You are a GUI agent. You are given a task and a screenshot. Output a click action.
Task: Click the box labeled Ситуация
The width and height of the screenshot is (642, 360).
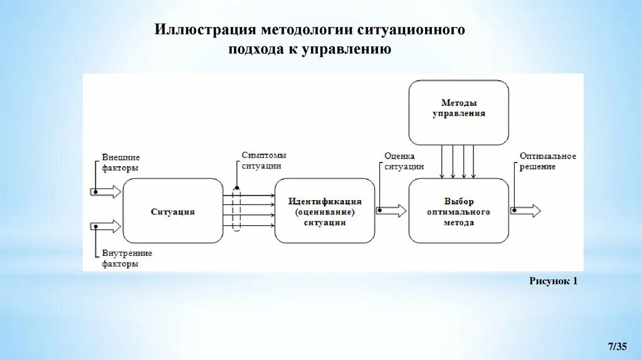pos(172,211)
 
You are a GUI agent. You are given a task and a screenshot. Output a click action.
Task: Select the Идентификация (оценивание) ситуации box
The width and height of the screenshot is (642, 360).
pos(325,211)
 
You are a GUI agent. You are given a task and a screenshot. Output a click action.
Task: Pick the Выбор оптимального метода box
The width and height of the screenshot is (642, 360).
pos(458,211)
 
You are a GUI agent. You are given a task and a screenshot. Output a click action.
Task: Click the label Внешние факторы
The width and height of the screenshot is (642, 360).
pos(120,162)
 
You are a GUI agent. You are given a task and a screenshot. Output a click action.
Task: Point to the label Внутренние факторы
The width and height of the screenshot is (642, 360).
pos(127,258)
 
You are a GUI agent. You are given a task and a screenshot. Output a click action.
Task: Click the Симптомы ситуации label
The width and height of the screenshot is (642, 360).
pos(261,161)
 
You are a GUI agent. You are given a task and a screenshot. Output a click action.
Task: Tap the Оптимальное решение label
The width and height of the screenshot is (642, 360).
pos(547,161)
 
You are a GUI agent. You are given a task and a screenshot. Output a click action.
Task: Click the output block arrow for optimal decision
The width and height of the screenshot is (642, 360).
pos(527,211)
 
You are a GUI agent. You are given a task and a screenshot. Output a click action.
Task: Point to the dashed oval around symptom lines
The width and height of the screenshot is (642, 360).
pos(236,209)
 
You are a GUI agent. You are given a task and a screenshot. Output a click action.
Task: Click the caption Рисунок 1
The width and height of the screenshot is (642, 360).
pos(553,282)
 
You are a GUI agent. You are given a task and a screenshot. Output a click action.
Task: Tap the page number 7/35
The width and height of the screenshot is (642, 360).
pos(618,346)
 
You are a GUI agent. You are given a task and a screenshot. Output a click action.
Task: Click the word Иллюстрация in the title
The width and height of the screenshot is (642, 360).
pos(204,30)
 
